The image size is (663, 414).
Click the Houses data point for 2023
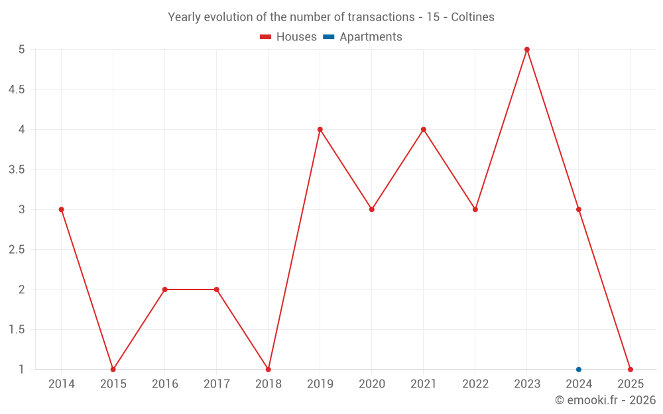[527, 50]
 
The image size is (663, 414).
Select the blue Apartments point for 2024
[579, 370]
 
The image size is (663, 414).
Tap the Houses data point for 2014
[62, 209]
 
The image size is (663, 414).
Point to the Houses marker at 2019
[320, 129]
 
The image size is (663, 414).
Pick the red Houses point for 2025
[631, 370]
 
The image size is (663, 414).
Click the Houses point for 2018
[269, 370]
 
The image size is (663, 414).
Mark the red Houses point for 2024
[579, 209]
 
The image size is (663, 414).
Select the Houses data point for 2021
[424, 129]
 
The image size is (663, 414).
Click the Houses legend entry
[288, 37]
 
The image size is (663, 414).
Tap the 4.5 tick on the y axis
[17, 89]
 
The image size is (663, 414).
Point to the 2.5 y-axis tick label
[17, 250]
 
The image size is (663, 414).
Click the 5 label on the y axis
[22, 50]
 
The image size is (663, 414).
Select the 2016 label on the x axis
[165, 384]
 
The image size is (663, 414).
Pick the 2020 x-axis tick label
[372, 384]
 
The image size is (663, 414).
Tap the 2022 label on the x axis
[475, 384]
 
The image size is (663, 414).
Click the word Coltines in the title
[473, 17]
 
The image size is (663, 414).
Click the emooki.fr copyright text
[605, 400]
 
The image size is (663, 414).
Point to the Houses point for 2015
[113, 370]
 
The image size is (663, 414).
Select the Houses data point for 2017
[217, 289]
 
